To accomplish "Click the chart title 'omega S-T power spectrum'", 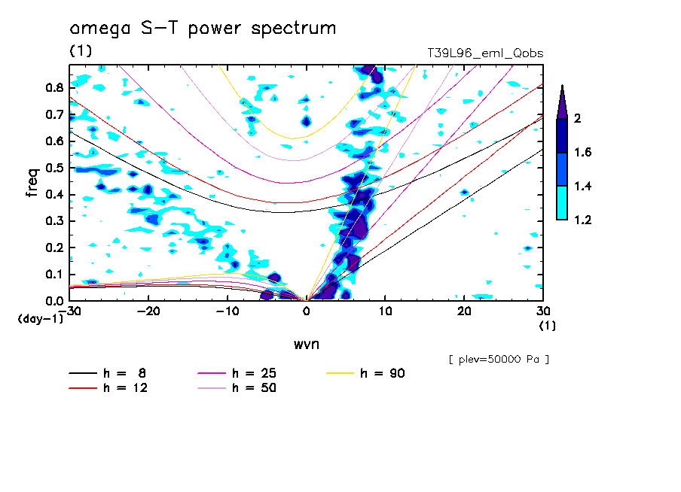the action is click(203, 29).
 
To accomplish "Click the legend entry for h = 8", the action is click(107, 373).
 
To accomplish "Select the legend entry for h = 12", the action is click(108, 388).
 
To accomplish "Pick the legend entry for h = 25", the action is click(237, 373).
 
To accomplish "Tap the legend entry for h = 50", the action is click(237, 388).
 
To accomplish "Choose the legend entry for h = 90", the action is click(365, 373).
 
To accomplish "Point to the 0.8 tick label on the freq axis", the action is click(55, 87).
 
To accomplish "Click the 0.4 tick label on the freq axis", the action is click(55, 194).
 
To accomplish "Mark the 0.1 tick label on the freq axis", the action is click(55, 275).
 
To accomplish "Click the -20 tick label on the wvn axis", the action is click(148, 311).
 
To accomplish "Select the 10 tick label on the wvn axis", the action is click(385, 311).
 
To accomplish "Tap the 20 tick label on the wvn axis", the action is click(464, 311).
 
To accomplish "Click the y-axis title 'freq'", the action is click(32, 182).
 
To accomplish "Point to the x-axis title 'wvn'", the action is click(306, 345).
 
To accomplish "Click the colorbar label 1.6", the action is click(582, 152).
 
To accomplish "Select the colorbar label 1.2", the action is click(582, 220).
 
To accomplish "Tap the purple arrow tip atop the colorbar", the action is click(563, 85).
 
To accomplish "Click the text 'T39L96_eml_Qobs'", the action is click(485, 53).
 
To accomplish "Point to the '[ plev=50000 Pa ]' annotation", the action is click(499, 360).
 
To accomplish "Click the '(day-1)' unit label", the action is click(41, 319).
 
